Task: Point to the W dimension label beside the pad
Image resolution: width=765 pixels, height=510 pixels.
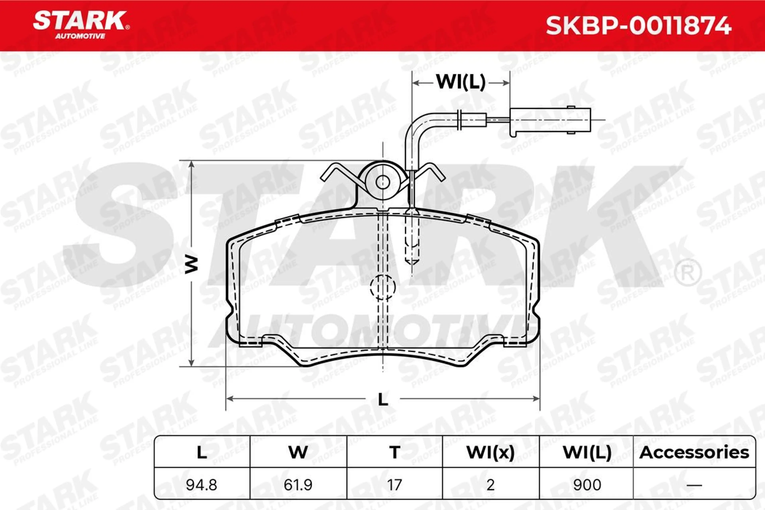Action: coord(192,264)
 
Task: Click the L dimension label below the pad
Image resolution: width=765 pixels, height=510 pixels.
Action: coord(383,399)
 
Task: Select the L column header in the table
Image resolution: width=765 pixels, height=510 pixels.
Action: coord(202,452)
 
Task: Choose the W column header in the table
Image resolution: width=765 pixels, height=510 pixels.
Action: coord(298,452)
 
